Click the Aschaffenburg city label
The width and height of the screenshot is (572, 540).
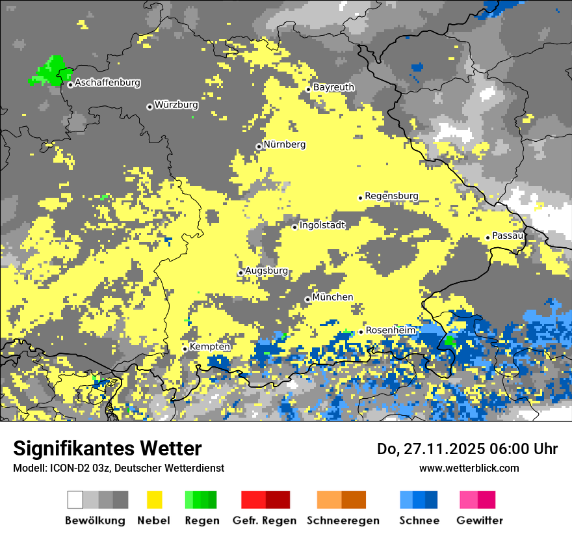(107, 83)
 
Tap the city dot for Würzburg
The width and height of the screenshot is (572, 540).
(149, 107)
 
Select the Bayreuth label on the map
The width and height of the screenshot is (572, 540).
(333, 87)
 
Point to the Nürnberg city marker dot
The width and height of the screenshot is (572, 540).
(259, 146)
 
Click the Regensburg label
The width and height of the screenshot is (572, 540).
(391, 196)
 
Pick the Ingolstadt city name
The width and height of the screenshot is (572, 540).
(322, 225)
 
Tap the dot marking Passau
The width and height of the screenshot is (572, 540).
(487, 237)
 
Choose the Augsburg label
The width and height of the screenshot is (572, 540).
(266, 271)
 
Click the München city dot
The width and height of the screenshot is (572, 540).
(307, 299)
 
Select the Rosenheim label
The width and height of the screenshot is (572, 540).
(390, 331)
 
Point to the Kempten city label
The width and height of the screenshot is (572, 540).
(210, 347)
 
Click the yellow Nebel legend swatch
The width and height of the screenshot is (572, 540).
(155, 500)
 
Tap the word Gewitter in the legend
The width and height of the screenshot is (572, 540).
(480, 520)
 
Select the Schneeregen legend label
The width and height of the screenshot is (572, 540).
(343, 520)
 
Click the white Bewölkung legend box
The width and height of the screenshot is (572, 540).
(75, 500)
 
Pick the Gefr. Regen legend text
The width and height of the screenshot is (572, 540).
(264, 520)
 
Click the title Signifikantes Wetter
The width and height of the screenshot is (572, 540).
(107, 448)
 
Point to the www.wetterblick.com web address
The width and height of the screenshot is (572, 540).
(469, 468)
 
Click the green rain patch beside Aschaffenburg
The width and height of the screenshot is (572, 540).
(50, 71)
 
